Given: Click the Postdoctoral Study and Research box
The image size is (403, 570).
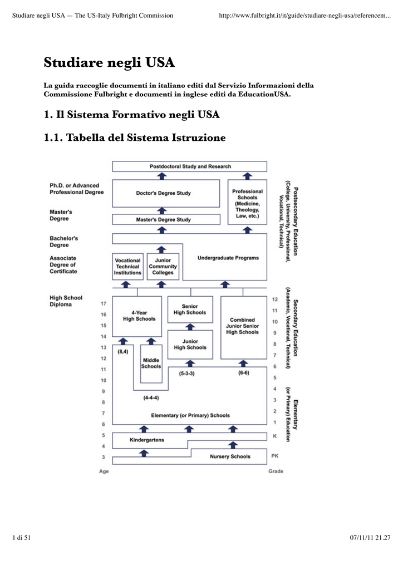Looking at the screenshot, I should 190,166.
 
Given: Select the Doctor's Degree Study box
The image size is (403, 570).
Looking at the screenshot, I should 163,193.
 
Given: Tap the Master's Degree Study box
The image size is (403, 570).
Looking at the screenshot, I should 163,219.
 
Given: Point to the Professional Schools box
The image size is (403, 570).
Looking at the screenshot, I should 247,203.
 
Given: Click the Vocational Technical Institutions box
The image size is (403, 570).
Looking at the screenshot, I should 127,267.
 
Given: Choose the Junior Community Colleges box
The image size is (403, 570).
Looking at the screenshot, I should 163,267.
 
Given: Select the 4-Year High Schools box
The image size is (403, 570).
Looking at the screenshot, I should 139,316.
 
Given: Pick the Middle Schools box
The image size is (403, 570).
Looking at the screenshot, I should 151,363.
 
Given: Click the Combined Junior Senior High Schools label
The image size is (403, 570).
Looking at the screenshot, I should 242,326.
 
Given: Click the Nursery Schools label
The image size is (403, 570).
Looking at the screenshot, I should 230,456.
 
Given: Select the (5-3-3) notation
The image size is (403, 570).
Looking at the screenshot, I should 186,374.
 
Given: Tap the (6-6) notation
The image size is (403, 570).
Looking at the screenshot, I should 243,373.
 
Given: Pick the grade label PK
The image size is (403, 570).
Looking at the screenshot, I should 275,456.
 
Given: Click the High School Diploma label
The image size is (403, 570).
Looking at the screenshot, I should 66,301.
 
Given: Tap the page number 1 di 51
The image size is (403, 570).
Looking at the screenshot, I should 21,537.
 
